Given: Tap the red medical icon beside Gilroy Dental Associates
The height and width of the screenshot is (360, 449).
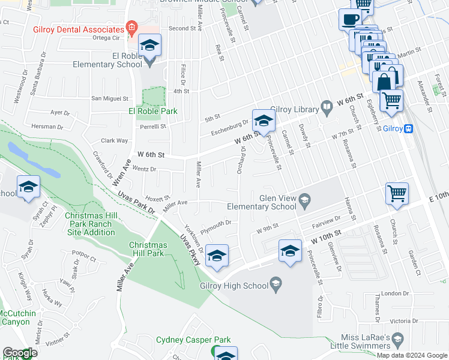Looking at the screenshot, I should tap(132, 29).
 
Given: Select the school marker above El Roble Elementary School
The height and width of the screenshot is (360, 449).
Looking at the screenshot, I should tap(149, 46).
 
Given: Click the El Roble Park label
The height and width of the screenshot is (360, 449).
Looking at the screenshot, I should tap(152, 111).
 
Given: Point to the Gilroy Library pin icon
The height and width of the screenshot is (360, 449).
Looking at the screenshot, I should tap(327, 108).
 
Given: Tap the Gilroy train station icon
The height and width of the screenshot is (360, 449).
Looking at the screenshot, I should tap(409, 128).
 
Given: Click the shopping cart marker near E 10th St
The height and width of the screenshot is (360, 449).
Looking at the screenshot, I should tap(397, 194).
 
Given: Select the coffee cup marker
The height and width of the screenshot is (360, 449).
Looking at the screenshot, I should tap(350, 19).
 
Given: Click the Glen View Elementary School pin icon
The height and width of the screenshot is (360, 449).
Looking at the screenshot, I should tap(304, 200).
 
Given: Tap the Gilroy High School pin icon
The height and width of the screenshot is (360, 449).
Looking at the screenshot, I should tap(276, 284).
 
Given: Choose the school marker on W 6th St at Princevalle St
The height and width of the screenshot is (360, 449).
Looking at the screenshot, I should tap(262, 121).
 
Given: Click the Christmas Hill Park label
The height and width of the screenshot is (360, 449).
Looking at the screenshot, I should tap(154, 249).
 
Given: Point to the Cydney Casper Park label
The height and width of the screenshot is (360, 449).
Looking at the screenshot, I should tap(193, 340).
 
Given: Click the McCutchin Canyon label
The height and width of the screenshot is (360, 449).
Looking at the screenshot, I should tap(17, 317).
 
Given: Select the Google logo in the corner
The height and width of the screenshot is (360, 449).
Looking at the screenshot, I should tap(20, 353).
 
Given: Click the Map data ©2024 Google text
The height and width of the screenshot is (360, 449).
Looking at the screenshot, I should tap(411, 355).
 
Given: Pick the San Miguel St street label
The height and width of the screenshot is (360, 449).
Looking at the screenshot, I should tap(110, 98).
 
